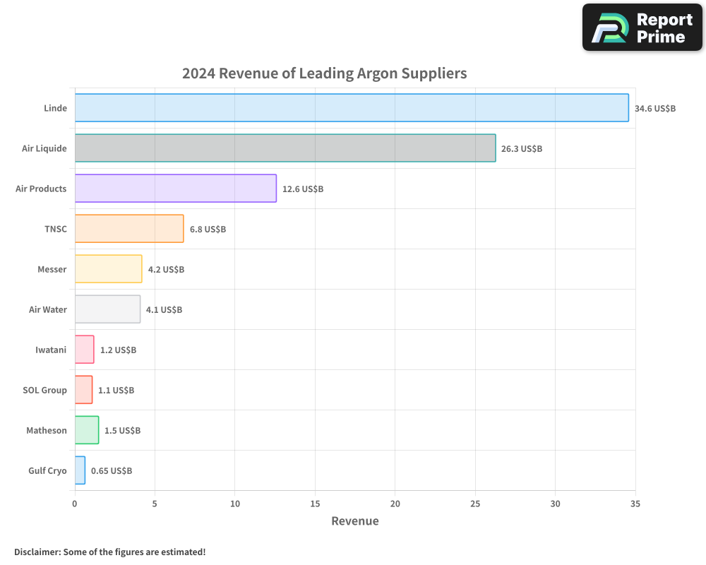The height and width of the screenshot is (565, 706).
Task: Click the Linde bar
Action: point(352,107)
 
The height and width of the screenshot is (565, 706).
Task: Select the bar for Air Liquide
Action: point(285,148)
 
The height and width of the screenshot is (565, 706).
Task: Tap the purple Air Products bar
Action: point(176,189)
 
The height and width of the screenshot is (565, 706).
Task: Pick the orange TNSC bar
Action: point(129,228)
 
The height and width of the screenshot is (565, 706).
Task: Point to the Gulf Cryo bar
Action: point(80,470)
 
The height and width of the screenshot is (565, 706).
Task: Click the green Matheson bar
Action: point(87,430)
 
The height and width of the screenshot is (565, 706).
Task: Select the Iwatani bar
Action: point(85,349)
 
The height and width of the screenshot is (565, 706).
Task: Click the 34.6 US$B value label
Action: point(655,109)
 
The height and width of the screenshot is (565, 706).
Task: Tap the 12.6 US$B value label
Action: point(303,189)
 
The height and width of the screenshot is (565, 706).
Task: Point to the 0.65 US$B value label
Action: point(112,471)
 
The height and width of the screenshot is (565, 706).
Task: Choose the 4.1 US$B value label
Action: point(164,309)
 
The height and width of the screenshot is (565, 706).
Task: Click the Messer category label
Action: point(52,269)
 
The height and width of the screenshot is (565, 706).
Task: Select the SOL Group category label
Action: point(44,390)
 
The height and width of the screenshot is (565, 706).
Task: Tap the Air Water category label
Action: point(48,309)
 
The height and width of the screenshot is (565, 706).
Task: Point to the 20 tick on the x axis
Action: point(395,504)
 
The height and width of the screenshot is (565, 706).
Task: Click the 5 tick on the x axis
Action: point(155,504)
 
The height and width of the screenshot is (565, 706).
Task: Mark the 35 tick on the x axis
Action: point(635,504)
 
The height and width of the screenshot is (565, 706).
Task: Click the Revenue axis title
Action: point(355,521)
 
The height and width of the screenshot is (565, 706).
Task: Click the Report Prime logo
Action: point(642,28)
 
